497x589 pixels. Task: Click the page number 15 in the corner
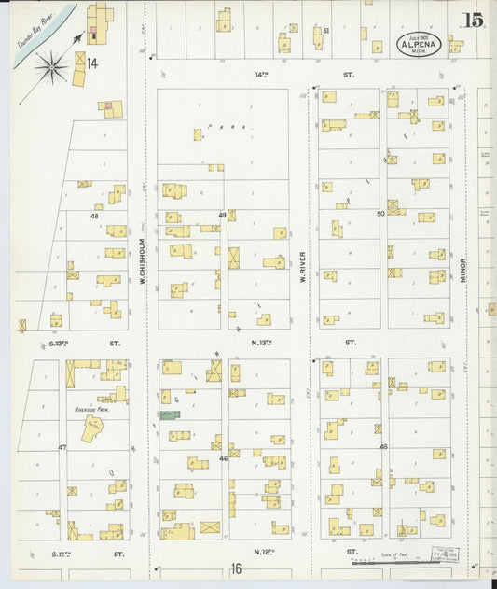coord(473,20)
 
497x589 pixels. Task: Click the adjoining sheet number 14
coord(91,63)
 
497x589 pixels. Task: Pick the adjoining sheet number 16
coord(237,568)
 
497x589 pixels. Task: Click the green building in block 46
coord(170,414)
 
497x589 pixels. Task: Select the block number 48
coord(94,216)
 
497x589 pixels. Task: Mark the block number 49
coord(223,215)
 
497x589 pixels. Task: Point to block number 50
coord(380,214)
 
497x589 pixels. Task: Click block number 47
coord(62,448)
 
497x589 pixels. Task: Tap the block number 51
coord(326,31)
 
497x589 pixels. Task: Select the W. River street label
coord(303,264)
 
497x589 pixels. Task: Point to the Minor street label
coord(463,271)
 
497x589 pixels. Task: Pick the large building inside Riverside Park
coord(93,428)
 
